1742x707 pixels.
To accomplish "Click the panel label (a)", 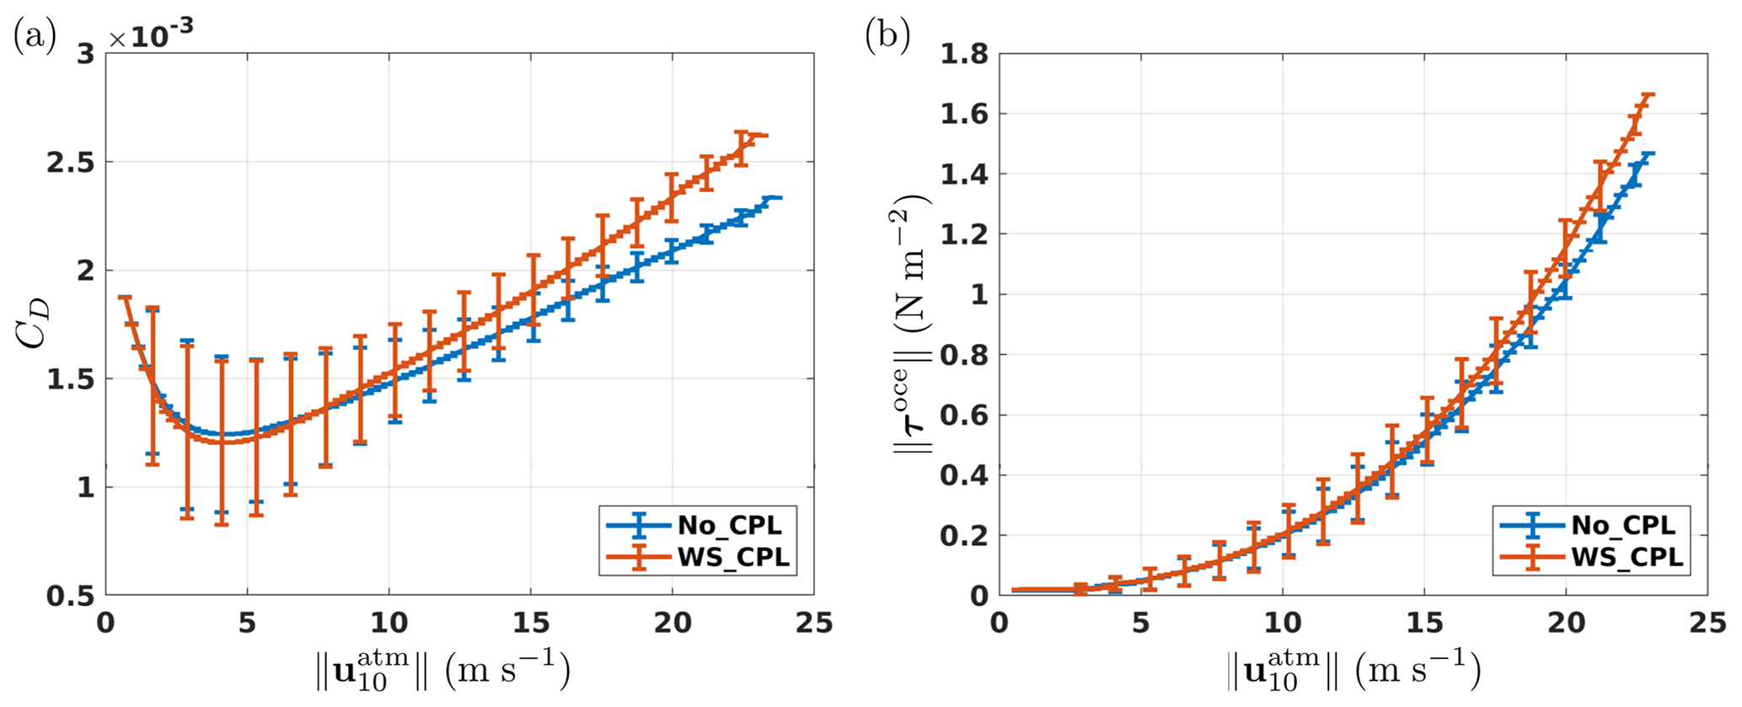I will [35, 38].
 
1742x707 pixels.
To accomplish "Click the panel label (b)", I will [887, 38].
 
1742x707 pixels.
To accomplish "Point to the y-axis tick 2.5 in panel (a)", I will [70, 163].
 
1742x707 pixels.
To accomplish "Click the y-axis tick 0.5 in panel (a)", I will [70, 597].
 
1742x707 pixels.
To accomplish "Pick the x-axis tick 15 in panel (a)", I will [530, 624].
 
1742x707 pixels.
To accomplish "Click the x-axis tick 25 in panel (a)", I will [813, 624].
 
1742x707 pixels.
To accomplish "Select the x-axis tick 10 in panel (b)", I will [1282, 624].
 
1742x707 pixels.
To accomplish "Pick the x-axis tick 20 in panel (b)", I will [1565, 624].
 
